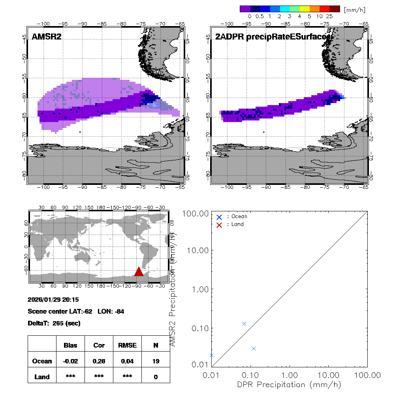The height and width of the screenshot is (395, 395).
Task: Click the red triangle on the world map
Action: [x=139, y=272]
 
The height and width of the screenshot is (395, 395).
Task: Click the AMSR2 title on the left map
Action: [x=46, y=37]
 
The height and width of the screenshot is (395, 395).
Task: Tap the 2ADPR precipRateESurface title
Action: [x=272, y=37]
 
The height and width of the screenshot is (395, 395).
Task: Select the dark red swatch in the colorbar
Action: [x=335, y=8]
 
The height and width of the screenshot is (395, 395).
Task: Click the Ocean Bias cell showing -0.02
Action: [x=70, y=361]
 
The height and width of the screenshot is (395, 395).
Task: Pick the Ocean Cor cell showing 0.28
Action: [x=99, y=361]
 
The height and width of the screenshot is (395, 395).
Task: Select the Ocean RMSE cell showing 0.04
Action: [x=127, y=361]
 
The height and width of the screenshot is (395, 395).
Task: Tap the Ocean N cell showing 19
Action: [x=156, y=361]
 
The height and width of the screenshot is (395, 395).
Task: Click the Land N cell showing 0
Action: [x=156, y=377]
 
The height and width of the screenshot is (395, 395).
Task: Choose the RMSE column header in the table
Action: [x=127, y=345]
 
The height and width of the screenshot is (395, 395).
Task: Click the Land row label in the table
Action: [x=42, y=377]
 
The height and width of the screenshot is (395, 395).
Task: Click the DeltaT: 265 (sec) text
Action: [x=54, y=323]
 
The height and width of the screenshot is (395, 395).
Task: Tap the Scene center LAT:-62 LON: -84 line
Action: [x=76, y=311]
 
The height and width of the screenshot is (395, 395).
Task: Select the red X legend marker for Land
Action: [x=220, y=224]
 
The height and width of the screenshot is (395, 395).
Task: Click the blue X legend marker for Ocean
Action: [x=220, y=216]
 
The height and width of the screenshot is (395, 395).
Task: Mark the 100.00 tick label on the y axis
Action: [x=196, y=214]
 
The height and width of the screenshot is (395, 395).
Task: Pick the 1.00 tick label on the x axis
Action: [x=290, y=375]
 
